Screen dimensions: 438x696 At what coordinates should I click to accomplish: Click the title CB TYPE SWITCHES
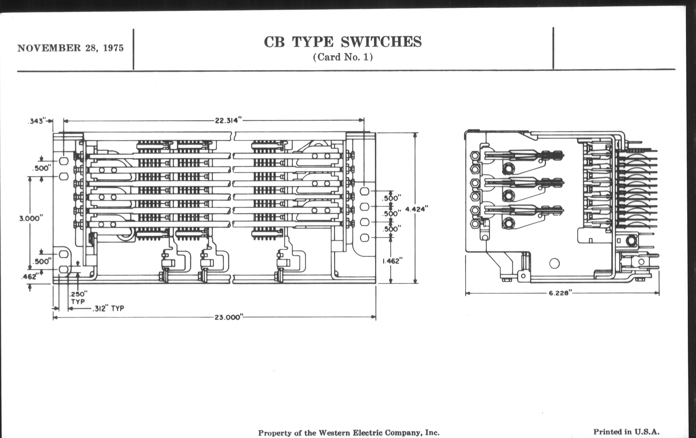point(343,42)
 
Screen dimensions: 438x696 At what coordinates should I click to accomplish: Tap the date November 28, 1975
point(70,48)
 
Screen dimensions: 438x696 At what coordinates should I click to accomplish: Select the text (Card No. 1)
point(343,57)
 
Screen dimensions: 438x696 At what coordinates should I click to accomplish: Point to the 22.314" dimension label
point(228,121)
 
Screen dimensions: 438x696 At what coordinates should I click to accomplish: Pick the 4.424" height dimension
point(416,209)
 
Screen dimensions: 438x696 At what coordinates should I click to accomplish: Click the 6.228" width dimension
point(560,293)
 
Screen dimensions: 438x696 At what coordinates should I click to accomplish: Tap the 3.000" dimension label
point(31,218)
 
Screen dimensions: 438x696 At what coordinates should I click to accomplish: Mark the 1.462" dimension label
point(392,261)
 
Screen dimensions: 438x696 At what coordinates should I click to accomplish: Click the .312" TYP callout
point(108,309)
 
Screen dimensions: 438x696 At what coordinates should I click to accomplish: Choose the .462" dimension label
point(29,277)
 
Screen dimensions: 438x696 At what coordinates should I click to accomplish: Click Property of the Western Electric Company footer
point(349,433)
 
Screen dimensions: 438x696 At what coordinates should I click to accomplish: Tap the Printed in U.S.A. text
point(626,432)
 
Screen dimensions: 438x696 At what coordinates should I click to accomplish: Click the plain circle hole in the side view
point(554,263)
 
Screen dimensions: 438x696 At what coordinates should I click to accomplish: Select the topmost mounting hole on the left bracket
point(64,161)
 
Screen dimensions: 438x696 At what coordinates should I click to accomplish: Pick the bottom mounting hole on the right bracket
point(365,238)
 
